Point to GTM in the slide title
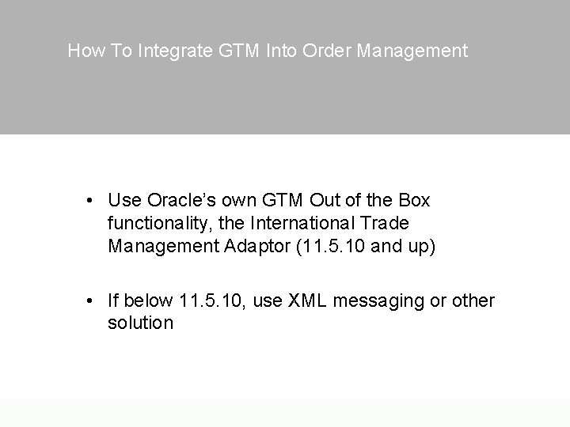click(234, 51)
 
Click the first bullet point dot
click(93, 201)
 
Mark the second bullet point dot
click(93, 301)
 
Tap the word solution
click(140, 323)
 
